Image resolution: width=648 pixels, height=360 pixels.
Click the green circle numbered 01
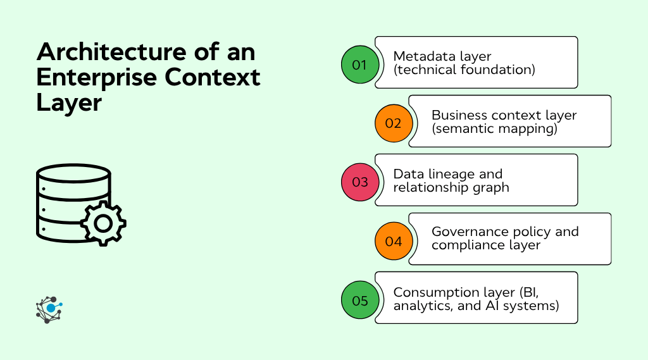(x=359, y=65)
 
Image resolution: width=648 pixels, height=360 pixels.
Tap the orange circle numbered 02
(x=393, y=123)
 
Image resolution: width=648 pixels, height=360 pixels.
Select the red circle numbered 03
(x=359, y=182)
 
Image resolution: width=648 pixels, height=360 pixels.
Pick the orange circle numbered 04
(x=393, y=241)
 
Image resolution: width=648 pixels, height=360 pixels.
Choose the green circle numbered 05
(x=359, y=300)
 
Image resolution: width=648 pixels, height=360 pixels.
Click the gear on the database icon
(x=103, y=223)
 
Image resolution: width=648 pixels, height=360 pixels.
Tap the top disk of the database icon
(x=74, y=173)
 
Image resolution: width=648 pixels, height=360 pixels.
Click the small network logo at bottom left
(x=49, y=309)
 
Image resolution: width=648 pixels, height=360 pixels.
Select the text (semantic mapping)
(x=494, y=129)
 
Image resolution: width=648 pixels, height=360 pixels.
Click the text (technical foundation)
(x=464, y=70)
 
